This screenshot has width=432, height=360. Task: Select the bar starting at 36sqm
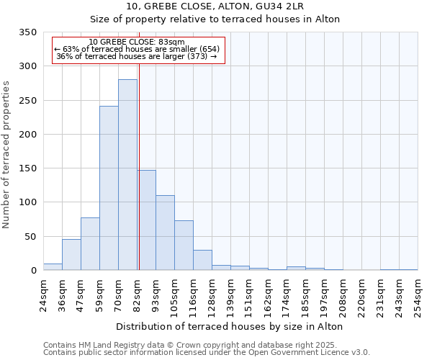[x=71, y=255]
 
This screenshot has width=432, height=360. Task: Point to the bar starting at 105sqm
[x=184, y=246]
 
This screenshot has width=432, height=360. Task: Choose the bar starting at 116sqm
[x=202, y=260]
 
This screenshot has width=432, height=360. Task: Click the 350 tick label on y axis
[x=27, y=32]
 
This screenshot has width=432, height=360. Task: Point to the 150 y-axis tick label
[x=27, y=168]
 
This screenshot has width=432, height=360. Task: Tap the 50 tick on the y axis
[x=30, y=237]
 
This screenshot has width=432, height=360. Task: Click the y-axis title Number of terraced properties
[x=6, y=155]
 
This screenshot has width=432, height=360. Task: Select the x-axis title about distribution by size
[x=230, y=326]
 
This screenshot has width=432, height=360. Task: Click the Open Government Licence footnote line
[x=206, y=352]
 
